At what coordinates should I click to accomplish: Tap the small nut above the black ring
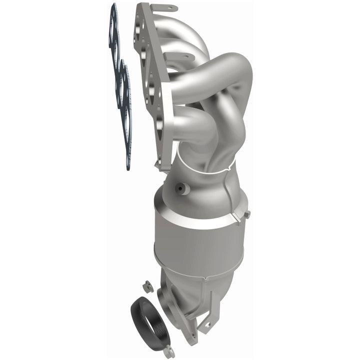coord(147,286)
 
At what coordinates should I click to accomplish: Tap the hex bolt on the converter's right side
coord(246,214)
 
